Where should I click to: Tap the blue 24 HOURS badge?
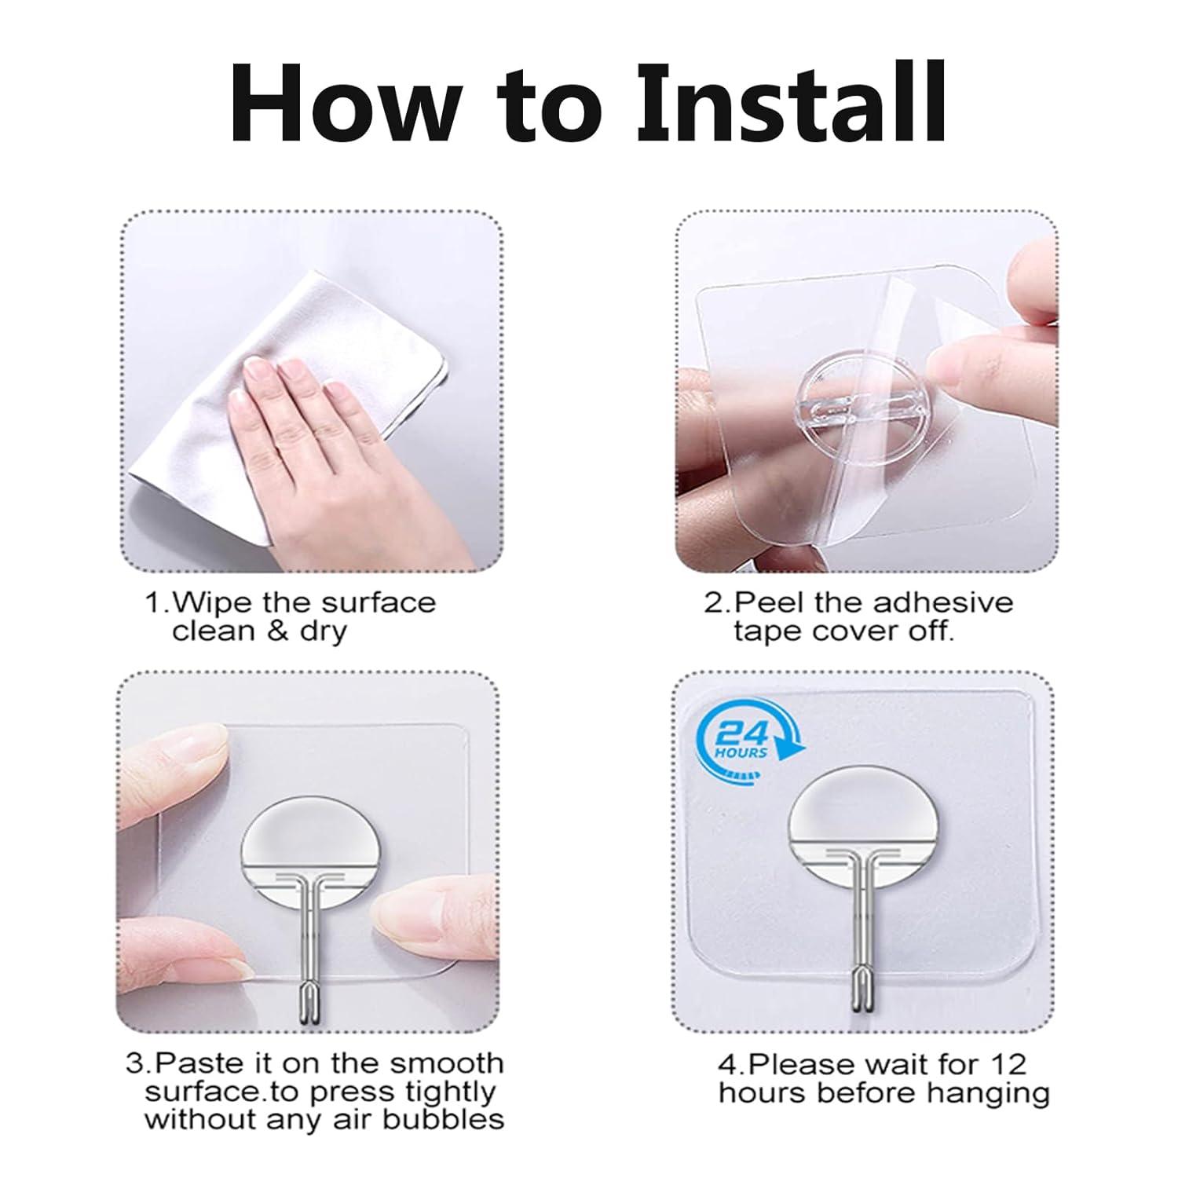pos(741,740)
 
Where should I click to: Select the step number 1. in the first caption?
pos(156,603)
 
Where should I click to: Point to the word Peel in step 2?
pos(770,603)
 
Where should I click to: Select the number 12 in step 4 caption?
pos(1008,1064)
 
